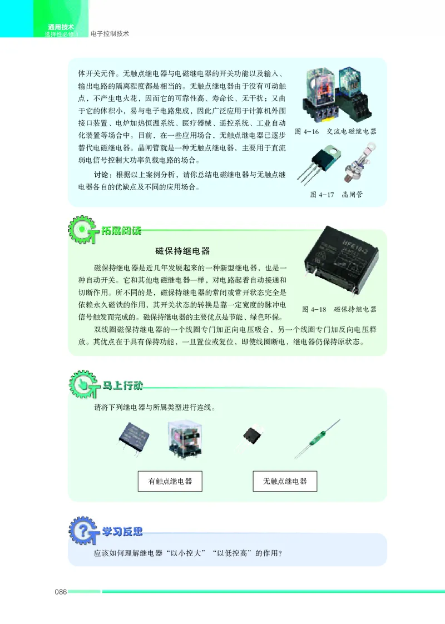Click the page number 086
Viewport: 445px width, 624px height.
click(60, 592)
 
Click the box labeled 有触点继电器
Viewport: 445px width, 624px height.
click(170, 481)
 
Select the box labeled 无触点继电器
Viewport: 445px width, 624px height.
click(285, 481)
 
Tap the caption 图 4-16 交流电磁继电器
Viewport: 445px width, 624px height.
click(335, 132)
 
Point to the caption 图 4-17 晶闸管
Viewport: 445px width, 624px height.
click(333, 195)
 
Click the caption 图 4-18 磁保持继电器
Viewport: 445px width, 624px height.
click(339, 309)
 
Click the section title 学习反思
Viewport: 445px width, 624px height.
click(122, 532)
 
